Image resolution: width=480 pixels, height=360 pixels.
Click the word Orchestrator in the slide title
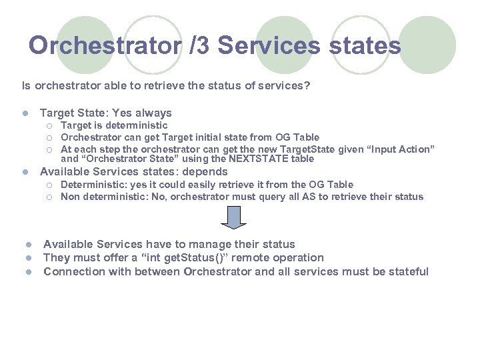pyautogui.click(x=103, y=46)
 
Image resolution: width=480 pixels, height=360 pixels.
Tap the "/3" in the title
pyautogui.click(x=198, y=46)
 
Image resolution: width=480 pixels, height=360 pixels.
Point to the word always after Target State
pyautogui.click(x=154, y=113)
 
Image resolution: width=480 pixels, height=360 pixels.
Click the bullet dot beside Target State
pyautogui.click(x=25, y=113)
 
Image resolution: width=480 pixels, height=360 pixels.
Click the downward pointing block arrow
pyautogui.click(x=233, y=217)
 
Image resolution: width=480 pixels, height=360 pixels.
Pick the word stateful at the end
pyautogui.click(x=407, y=271)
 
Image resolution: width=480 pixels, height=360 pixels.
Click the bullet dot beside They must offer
pyautogui.click(x=29, y=258)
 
